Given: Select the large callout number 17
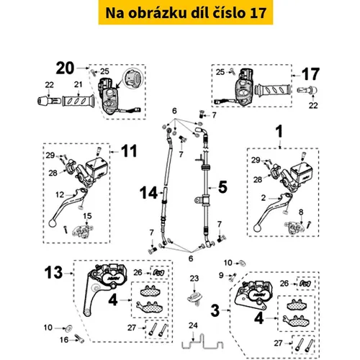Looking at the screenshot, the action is tap(310, 74).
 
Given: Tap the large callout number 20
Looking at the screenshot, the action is tap(65, 68).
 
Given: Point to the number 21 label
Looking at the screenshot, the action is tap(78, 84).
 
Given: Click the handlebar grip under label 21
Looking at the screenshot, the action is tap(78, 101).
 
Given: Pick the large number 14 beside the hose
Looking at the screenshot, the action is tap(148, 193).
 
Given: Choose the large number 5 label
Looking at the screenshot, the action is tap(222, 186).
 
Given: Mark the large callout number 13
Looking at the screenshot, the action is tap(53, 272).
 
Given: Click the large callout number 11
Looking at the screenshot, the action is tap(129, 150).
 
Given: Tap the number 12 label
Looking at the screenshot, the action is tap(60, 194).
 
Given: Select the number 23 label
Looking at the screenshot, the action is tap(194, 279).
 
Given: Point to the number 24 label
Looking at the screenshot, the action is tap(193, 325).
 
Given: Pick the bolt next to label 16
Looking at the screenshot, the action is tap(79, 338).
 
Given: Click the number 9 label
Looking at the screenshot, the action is tap(221, 275).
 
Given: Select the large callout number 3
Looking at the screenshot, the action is tap(215, 310).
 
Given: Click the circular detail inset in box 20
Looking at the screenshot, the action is tap(132, 78).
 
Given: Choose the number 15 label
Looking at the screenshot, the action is tap(87, 216).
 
